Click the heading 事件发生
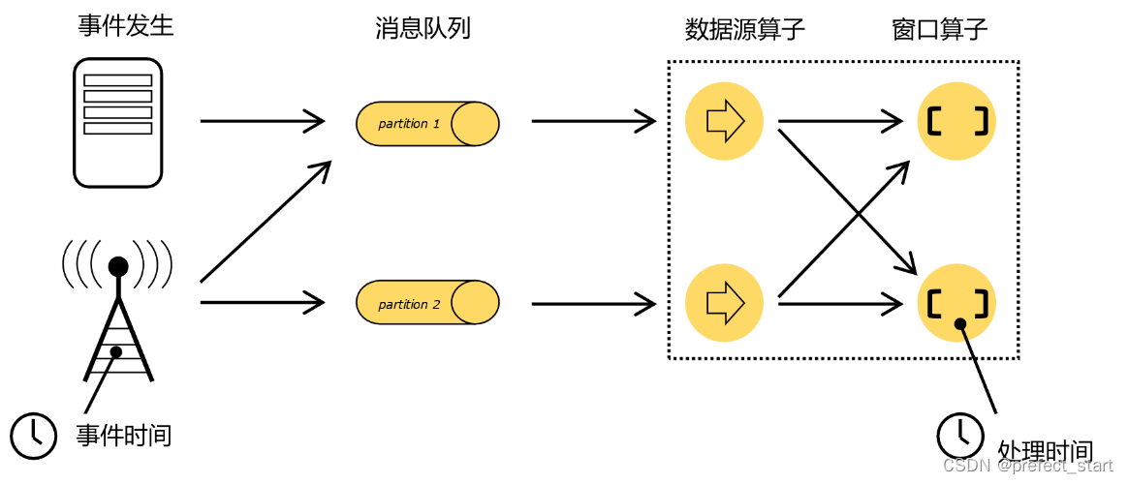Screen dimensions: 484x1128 tap(126, 26)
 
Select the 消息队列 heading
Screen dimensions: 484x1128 tap(423, 28)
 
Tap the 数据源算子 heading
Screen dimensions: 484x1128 tap(744, 29)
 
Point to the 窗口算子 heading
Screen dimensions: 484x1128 tap(939, 29)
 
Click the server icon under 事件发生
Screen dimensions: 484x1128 tap(118, 122)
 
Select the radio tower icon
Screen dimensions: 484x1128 tap(117, 310)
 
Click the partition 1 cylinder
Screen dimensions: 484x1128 tap(427, 123)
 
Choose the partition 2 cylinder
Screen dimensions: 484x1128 tap(427, 304)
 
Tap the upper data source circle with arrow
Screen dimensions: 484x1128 tap(724, 121)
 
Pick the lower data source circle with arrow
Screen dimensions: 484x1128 tap(724, 303)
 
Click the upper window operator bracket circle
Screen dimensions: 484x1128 tap(956, 121)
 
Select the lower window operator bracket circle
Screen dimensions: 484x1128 tap(956, 303)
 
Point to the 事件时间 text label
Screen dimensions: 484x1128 tap(124, 436)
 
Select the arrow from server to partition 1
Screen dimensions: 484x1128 tap(262, 121)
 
